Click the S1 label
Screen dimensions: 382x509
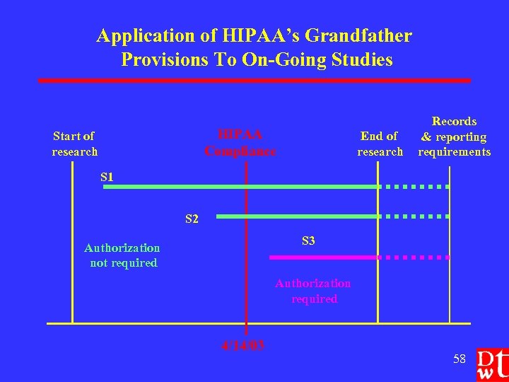[107, 176]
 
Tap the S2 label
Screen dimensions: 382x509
[192, 219]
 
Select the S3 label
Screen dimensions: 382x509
[308, 241]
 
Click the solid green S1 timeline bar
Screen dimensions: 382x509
[240, 187]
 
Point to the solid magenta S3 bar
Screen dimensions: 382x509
[328, 257]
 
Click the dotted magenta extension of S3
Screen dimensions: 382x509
[417, 257]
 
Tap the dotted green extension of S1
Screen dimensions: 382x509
[417, 187]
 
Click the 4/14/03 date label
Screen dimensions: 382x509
[242, 346]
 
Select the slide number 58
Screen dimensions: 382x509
[460, 359]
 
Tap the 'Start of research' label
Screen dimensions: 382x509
[74, 144]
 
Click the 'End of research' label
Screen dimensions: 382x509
[380, 144]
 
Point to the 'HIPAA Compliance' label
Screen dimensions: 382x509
[240, 143]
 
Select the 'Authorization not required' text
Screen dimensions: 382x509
[122, 255]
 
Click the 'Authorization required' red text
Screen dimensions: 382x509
[313, 291]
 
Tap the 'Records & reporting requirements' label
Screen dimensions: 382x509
[454, 137]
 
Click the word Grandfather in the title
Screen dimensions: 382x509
[349, 35]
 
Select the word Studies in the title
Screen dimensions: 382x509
[360, 59]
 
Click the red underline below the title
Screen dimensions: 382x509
[255, 81]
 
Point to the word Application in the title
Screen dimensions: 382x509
[140, 35]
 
